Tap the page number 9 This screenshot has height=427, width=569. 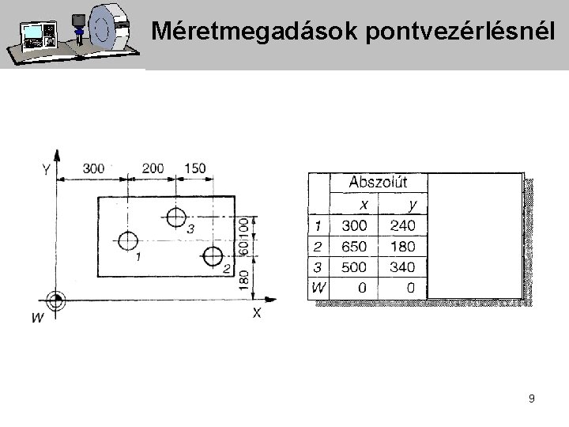(532, 399)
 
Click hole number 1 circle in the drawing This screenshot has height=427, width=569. (128, 240)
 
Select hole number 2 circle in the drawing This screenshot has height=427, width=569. (212, 256)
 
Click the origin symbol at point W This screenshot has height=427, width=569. (55, 300)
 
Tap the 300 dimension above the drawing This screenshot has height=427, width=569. (93, 168)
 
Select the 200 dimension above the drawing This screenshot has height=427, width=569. (154, 168)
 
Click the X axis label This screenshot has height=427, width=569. (257, 312)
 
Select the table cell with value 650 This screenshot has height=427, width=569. (353, 247)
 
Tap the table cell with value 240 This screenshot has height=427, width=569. (402, 226)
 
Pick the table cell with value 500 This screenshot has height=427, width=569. (353, 267)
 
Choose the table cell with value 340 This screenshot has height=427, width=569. (402, 267)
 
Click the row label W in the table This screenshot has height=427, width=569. (317, 288)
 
